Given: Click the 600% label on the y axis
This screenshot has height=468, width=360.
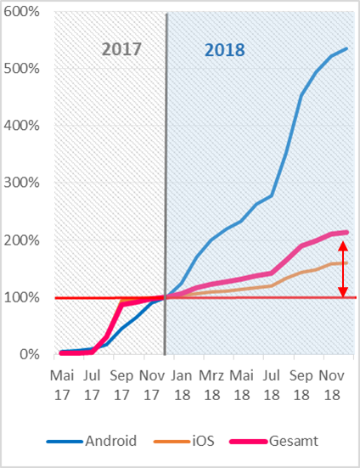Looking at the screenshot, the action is pos(21,12).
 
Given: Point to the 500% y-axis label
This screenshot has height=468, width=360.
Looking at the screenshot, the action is pos(21,69).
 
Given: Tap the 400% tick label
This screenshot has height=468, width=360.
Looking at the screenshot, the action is pos(21,126).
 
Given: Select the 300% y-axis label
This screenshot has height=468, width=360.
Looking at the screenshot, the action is pos(21,183).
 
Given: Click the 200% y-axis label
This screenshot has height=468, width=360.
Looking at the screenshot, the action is pos(21,240).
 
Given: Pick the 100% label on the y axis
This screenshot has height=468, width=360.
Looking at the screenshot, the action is pos(21,297).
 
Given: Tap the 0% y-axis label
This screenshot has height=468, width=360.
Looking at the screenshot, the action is pos(30,354).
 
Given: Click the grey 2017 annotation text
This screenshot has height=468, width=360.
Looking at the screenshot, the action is pos(121,49).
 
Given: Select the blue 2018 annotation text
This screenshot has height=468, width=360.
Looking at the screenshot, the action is pos(225,50).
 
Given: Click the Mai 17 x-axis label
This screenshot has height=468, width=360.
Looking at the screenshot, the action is pos(62,386).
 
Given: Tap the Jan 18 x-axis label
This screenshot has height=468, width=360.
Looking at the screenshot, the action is pos(182,386).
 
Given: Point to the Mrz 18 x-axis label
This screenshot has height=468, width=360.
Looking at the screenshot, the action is pos(211,386).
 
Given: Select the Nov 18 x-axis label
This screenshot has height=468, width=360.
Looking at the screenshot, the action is pos(331,386).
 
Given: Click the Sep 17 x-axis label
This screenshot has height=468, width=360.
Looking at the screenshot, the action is pos(121,386).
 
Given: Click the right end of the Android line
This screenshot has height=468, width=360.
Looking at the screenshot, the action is pos(347,48).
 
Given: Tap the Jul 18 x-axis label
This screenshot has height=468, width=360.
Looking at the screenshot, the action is pos(272,386).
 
